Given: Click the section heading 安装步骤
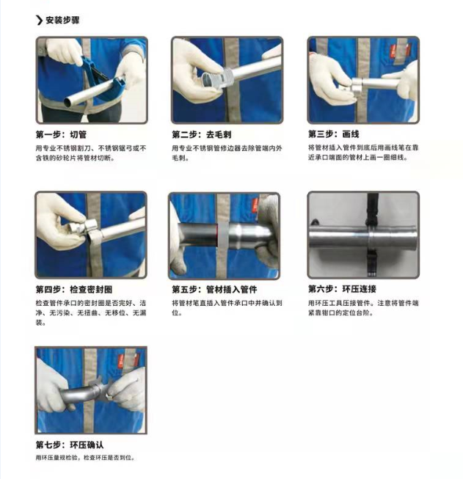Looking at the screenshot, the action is [62, 20].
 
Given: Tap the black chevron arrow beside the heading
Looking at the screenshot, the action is [39, 20].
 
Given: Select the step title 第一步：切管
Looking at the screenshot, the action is [61, 134].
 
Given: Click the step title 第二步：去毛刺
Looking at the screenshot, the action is [201, 134].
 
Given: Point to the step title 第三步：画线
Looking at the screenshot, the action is [333, 134].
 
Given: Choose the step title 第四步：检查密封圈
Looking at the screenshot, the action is [74, 289].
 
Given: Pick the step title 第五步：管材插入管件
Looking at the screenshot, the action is [214, 289].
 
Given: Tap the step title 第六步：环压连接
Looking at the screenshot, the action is [342, 289].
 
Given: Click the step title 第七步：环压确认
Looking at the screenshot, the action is [70, 445].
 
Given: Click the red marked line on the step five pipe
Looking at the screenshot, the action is [217, 235].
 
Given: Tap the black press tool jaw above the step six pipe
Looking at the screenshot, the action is [371, 211].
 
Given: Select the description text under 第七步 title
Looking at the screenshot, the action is [85, 458].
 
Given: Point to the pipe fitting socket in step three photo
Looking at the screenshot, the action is [354, 85].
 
